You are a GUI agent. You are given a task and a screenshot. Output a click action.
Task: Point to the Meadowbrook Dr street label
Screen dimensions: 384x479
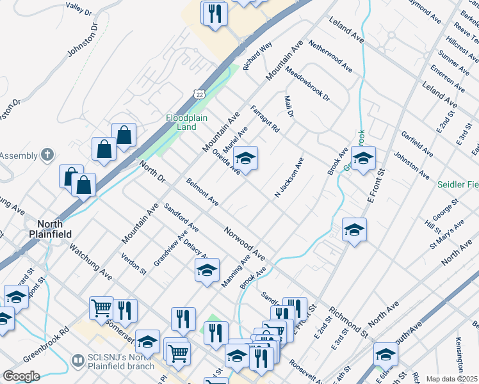coord(307,85)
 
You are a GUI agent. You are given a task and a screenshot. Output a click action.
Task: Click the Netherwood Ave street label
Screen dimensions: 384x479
coord(330,56)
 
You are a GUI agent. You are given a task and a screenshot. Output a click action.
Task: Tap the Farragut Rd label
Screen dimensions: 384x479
coord(265,119)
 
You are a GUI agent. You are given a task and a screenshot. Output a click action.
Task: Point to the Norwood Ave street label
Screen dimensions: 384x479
coord(244,243)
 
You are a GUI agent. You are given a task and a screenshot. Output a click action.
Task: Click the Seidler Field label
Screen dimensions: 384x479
coord(458,184)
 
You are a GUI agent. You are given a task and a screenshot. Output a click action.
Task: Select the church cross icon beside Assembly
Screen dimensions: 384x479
coord(46,154)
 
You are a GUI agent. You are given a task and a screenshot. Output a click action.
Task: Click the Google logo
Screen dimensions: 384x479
coord(21,376)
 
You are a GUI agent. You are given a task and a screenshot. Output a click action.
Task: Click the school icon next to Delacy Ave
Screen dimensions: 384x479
coord(207,271)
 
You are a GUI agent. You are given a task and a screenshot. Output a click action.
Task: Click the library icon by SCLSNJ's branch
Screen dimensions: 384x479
coord(77,361)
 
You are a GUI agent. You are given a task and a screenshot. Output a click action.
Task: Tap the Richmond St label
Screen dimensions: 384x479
coord(348,323)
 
